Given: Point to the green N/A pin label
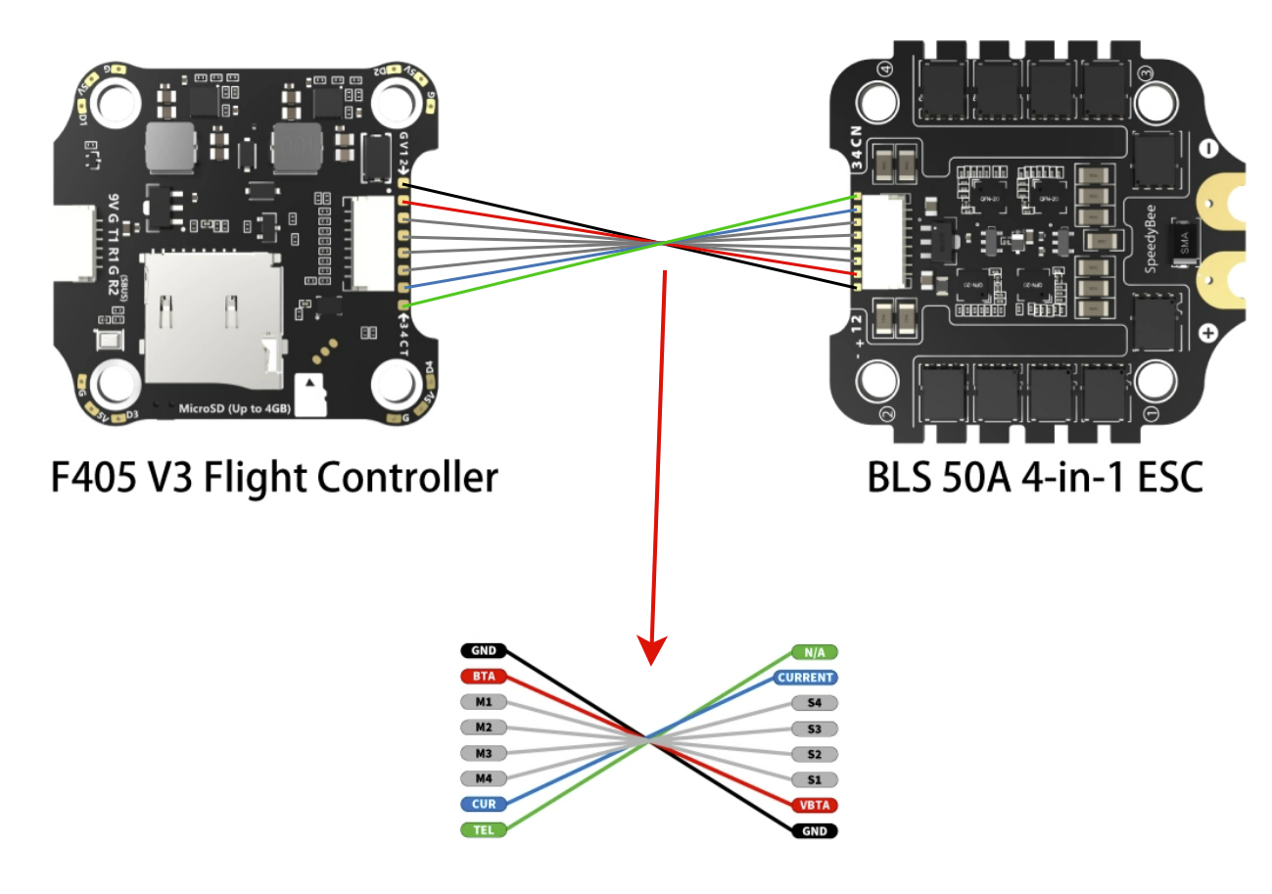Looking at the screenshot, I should tap(815, 652).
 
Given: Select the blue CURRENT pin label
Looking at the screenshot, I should tap(806, 678).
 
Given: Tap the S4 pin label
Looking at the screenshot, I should tap(815, 703).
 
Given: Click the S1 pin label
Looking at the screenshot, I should tap(815, 779).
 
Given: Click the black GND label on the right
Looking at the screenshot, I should tap(815, 830).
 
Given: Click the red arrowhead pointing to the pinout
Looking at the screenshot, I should tap(653, 649).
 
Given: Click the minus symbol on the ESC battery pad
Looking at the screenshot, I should tap(1208, 150).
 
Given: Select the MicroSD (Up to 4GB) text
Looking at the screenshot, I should tap(233, 406).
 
